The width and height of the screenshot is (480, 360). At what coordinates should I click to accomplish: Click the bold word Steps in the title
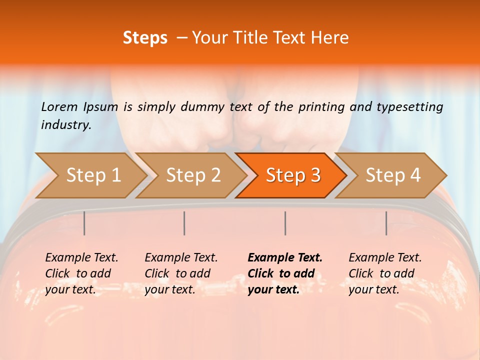[145, 38]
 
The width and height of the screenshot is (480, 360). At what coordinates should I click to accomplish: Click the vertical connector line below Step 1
[84, 223]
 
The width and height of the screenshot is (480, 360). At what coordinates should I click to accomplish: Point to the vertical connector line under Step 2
[184, 223]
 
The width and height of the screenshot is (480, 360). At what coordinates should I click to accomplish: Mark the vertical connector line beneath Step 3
[285, 223]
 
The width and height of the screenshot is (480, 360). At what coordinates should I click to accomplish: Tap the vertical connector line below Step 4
[386, 223]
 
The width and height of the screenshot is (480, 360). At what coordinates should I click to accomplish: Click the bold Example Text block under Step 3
[285, 273]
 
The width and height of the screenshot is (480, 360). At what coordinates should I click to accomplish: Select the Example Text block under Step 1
[81, 273]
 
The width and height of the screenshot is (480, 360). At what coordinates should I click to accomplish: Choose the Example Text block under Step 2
[181, 273]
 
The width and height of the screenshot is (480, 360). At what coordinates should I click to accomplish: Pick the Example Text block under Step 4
[385, 273]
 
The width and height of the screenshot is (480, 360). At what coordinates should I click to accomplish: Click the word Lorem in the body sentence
[59, 107]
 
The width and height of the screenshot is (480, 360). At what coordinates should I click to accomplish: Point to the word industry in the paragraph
[65, 125]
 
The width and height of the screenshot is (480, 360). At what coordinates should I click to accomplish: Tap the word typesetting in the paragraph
[409, 107]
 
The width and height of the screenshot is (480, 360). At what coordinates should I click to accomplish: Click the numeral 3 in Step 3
[315, 175]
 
